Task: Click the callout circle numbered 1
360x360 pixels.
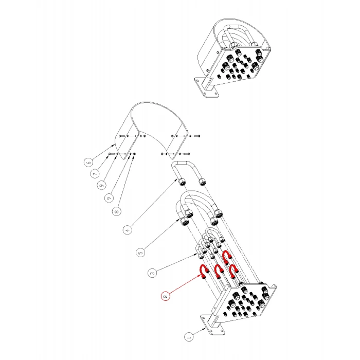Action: pos(189,337)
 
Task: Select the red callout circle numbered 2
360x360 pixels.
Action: pos(165,296)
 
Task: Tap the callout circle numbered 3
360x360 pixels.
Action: pos(152,273)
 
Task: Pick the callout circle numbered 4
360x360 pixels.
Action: pos(128,230)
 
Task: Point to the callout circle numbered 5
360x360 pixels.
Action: pos(140,253)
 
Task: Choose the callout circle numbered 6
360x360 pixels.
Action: pos(88,163)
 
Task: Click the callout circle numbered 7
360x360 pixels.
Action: pos(95,174)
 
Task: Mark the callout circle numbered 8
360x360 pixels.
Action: pos(117,211)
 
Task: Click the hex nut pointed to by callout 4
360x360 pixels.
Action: pos(182,182)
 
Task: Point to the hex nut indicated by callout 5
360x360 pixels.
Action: pos(184,221)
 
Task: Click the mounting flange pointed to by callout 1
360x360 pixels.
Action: pos(212,324)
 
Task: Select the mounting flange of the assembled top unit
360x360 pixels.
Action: pos(206,87)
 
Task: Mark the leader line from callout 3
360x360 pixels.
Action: pos(177,262)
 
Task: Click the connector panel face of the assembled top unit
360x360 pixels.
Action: pos(239,65)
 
